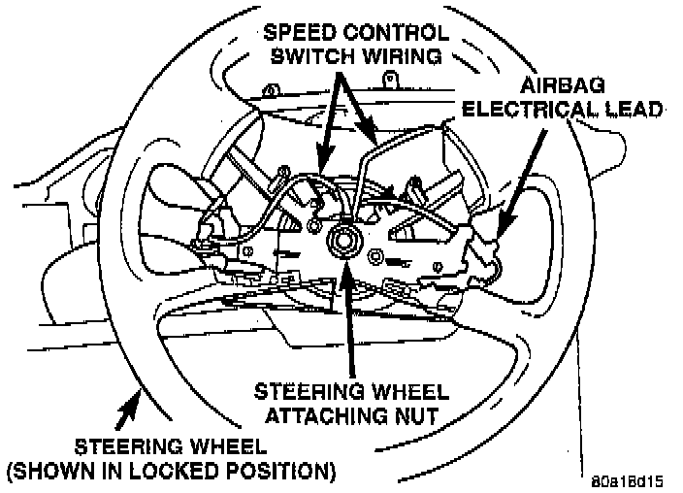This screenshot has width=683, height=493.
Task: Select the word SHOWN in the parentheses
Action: pos(52,473)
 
